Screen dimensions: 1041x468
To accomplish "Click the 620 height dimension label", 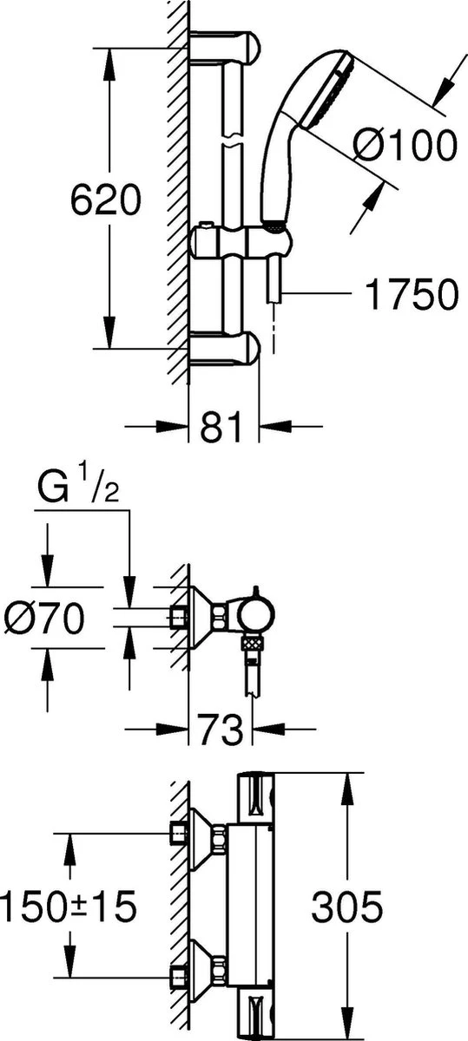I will [105, 201].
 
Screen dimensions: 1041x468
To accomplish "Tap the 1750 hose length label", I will [411, 295].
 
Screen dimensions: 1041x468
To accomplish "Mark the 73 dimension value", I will [221, 730].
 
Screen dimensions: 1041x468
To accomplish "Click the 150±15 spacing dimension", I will [68, 907].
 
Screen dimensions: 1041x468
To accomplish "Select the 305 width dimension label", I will [346, 907].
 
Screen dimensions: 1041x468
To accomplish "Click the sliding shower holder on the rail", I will [239, 240].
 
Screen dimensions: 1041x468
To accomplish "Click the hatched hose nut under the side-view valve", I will [253, 645].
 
